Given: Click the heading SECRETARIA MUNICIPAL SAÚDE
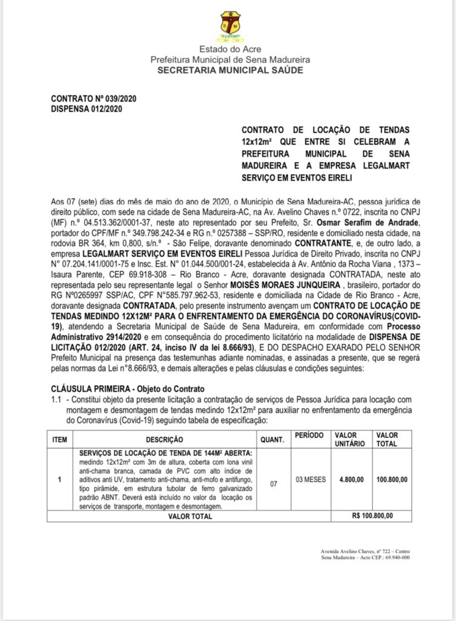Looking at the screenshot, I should point(230,70).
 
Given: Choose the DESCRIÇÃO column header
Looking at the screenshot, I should point(164,439).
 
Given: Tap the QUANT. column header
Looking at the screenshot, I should point(274,439).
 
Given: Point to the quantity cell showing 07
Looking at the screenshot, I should point(274,483).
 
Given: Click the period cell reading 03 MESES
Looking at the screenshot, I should point(312,480).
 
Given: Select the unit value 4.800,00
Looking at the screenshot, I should point(351,480).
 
